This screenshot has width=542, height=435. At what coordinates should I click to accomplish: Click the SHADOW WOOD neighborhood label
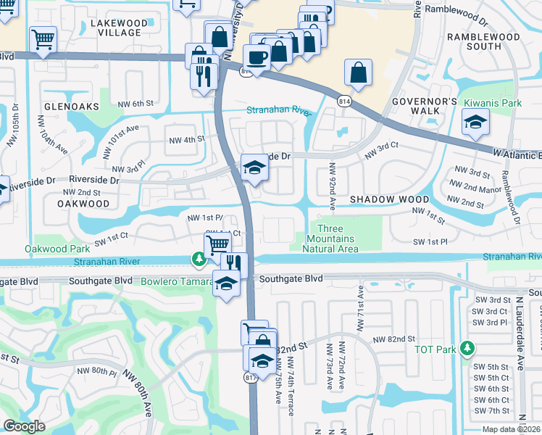(381, 199)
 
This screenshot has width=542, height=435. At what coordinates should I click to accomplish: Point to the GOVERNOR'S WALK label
(425, 106)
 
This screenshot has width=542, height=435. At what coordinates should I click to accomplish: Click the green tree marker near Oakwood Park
(197, 258)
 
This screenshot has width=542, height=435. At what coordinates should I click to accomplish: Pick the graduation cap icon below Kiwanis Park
(475, 122)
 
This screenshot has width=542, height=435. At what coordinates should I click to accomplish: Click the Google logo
(25, 426)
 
